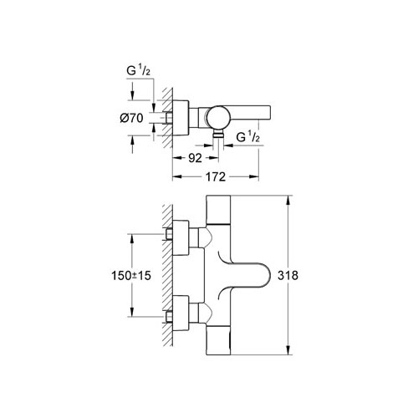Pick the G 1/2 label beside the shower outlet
(249, 135)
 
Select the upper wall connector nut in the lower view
(178, 235)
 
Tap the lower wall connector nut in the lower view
(178, 318)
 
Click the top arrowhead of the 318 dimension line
(288, 202)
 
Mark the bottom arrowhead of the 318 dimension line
(288, 350)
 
